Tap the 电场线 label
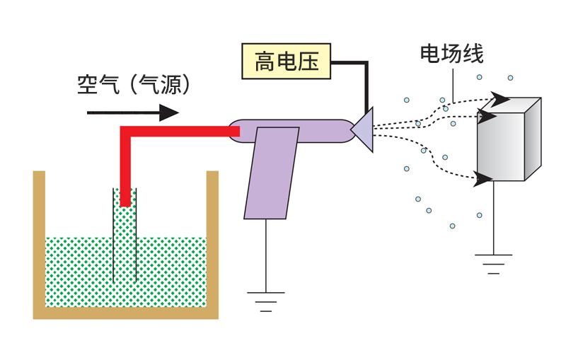tap(451, 53)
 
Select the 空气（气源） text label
tap(134, 85)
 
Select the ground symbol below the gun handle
tap(266, 300)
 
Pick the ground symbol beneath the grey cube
tap(493, 262)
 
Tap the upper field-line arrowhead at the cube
tap(499, 98)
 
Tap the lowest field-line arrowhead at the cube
tap(484, 180)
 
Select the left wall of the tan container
tap(40, 240)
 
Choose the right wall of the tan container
tap(212, 240)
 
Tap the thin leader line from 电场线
tap(452, 88)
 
